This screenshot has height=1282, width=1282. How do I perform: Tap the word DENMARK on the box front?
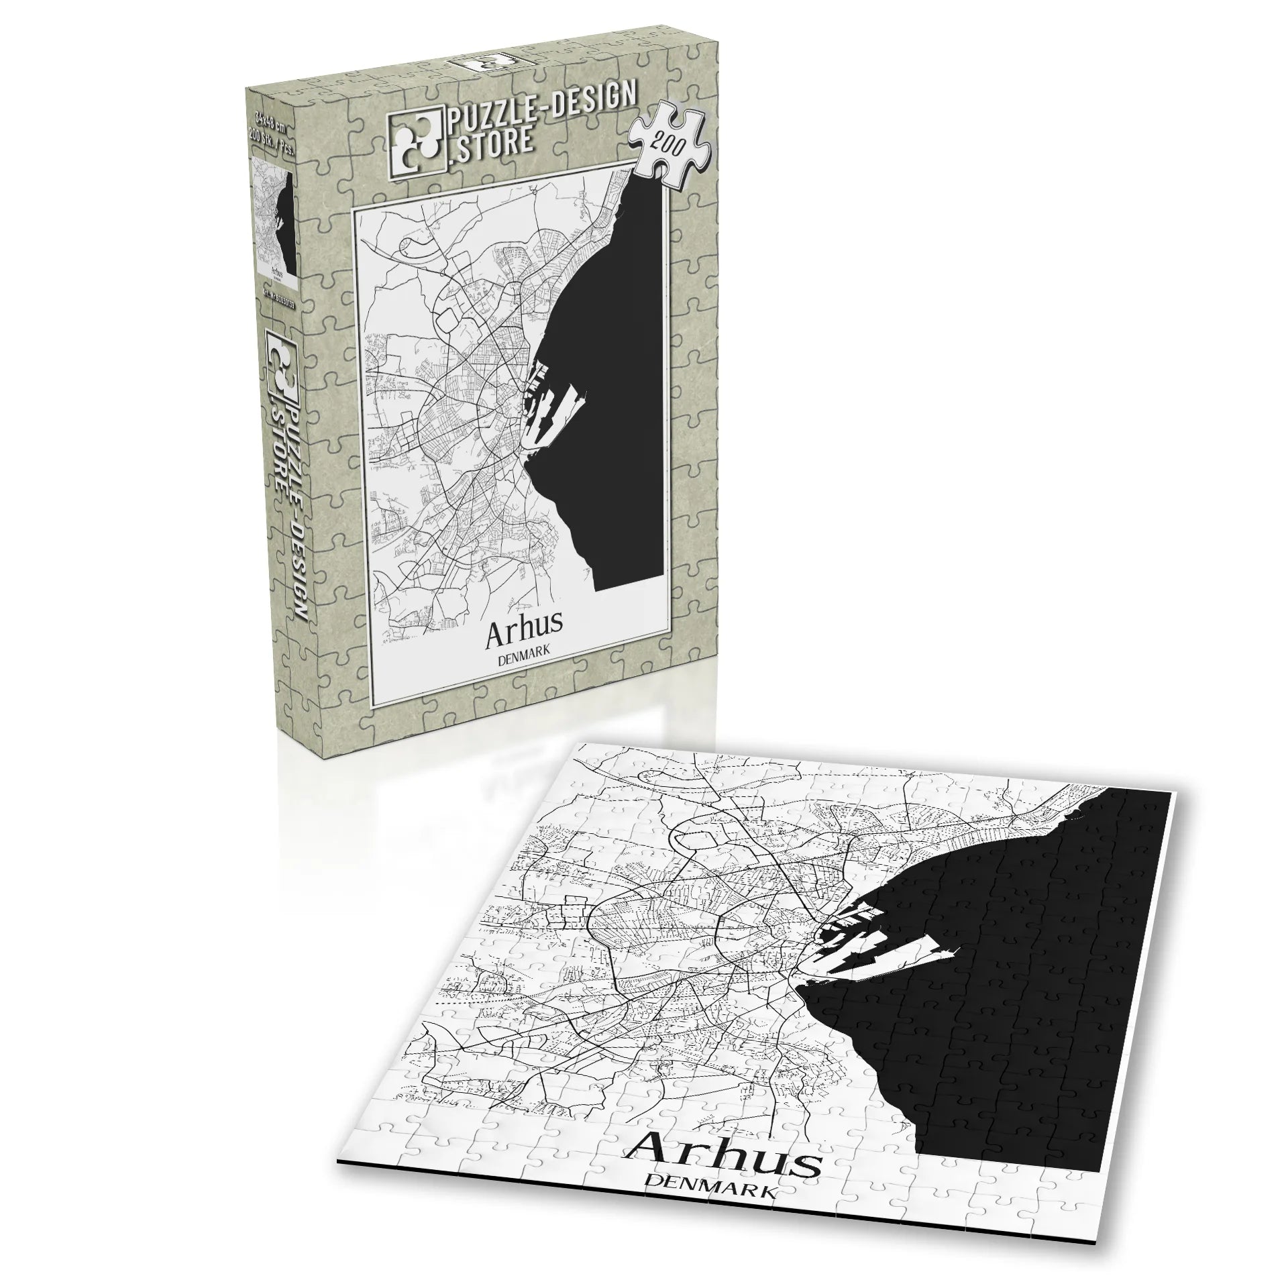[x=525, y=659]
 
